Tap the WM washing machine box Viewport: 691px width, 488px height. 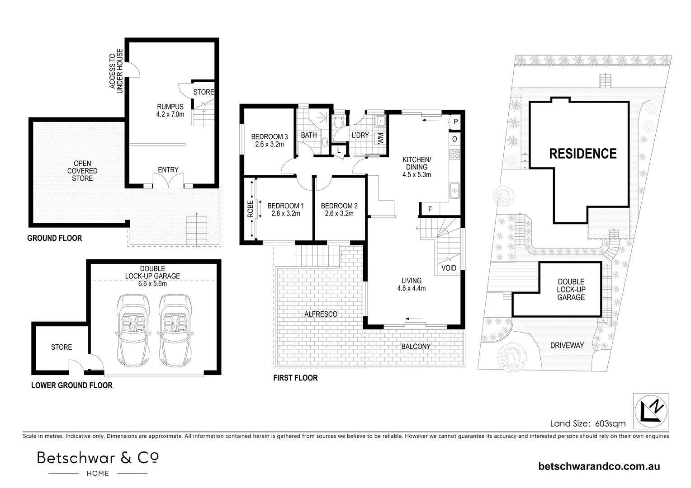click(x=380, y=138)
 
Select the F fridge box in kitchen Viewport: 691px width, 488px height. click(x=430, y=209)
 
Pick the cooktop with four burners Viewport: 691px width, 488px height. click(x=454, y=155)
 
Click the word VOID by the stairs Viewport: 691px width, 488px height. click(x=449, y=268)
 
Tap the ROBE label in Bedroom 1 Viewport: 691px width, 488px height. click(x=250, y=209)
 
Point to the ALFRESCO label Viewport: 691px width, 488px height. click(x=321, y=314)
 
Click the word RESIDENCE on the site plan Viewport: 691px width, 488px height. click(x=582, y=154)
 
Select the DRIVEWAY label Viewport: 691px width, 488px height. click(x=567, y=345)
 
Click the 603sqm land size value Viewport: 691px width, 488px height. click(x=610, y=423)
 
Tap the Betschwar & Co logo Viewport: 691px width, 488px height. click(x=98, y=463)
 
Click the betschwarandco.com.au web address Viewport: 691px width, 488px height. click(x=599, y=466)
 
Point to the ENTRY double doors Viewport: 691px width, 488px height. click(x=168, y=181)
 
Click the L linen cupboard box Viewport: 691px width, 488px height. click(x=339, y=150)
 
